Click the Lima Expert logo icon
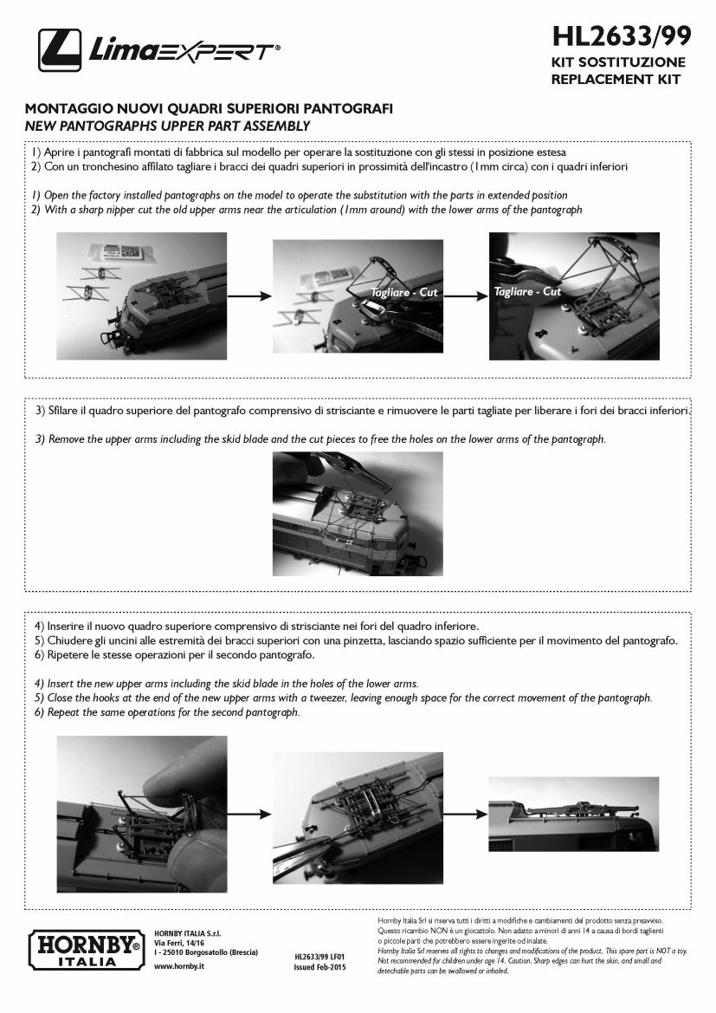click(x=60, y=50)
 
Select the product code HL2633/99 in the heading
click(x=621, y=36)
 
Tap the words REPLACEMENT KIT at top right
click(x=616, y=80)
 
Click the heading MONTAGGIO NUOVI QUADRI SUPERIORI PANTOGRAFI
click(x=209, y=109)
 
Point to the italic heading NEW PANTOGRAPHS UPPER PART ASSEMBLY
click(x=167, y=126)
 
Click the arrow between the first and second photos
click(x=249, y=295)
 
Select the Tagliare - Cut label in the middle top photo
click(x=404, y=293)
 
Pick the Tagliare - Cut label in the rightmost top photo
click(x=528, y=291)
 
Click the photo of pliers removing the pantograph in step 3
click(x=358, y=513)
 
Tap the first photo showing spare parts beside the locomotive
click(x=142, y=295)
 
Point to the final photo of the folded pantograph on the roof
click(x=573, y=814)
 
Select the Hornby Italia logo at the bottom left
click(x=84, y=948)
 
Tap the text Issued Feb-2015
click(x=319, y=966)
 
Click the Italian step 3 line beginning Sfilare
click(x=362, y=409)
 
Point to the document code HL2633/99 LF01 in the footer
click(x=319, y=957)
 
